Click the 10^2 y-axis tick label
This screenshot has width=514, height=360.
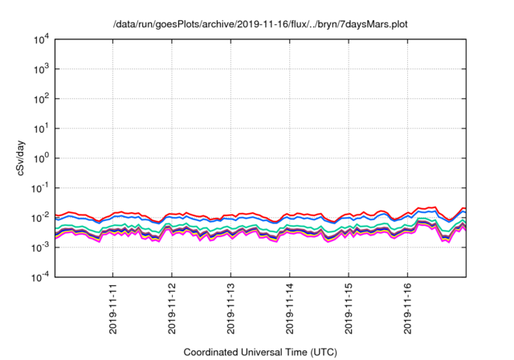pos(43,99)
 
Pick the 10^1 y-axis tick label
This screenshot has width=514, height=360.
pos(43,129)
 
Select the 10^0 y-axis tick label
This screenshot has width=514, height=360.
pos(43,158)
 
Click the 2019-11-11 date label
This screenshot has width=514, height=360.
pos(113,308)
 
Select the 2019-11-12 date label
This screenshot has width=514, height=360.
pos(172,308)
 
